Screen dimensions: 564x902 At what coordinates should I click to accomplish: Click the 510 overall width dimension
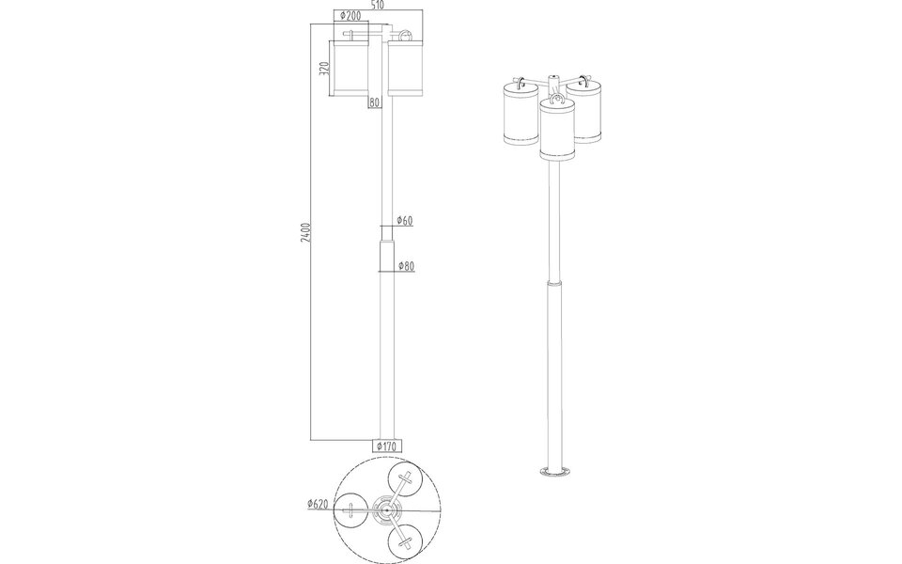[x=377, y=5]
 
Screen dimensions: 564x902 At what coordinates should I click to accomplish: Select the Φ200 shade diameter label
[x=350, y=16]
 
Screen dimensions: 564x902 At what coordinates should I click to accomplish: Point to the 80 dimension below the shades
[x=374, y=102]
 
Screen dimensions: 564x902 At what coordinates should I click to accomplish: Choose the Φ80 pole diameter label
[x=406, y=266]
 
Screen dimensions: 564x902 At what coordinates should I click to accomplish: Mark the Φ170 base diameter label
[x=387, y=446]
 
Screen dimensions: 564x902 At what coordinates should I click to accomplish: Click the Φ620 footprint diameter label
[x=317, y=504]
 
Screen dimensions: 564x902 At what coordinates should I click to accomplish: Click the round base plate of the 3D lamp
[x=556, y=471]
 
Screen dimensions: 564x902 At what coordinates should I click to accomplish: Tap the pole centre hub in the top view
[x=386, y=510]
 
